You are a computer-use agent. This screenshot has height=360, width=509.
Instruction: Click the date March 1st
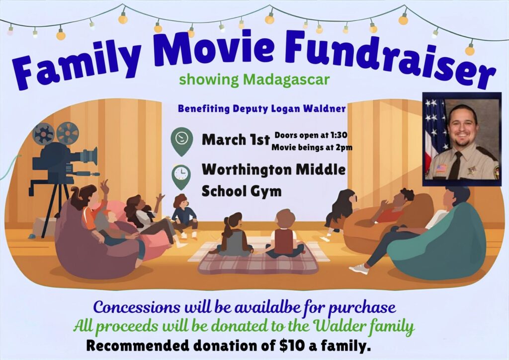[x=236, y=140]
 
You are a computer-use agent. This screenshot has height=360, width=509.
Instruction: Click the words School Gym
[x=242, y=191]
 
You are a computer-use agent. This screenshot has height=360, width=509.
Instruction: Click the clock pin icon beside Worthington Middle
[x=181, y=176]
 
